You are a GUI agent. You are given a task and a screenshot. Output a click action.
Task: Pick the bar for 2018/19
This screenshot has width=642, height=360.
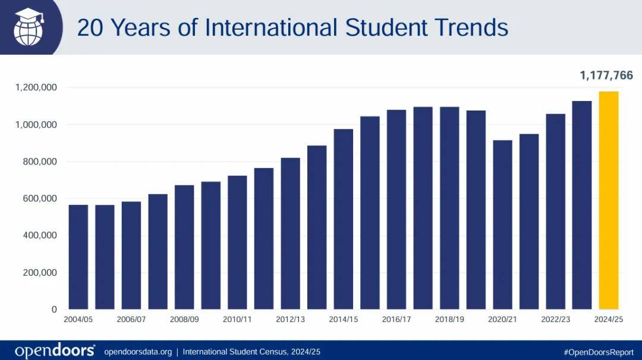pos(449,208)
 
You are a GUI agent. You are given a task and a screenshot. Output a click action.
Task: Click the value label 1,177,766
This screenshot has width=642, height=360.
pos(606,75)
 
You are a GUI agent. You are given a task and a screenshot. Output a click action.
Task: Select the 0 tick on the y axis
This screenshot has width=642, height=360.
pos(54,310)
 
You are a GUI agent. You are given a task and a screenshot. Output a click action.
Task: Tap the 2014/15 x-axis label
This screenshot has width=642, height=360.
pos(343,320)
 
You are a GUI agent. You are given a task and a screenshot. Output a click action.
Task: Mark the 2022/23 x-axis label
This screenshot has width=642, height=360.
pos(555,320)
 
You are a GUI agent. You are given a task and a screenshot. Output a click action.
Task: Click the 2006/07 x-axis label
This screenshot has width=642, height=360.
pos(131,320)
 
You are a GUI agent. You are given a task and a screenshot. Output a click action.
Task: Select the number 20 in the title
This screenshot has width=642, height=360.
pos(90,27)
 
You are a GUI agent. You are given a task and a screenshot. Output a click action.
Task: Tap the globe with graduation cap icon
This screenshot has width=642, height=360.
pos(29,27)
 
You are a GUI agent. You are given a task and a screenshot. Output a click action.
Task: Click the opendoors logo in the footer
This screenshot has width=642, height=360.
pos(55,350)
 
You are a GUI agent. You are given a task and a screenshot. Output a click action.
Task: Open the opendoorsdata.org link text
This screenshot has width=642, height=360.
pos(138,352)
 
